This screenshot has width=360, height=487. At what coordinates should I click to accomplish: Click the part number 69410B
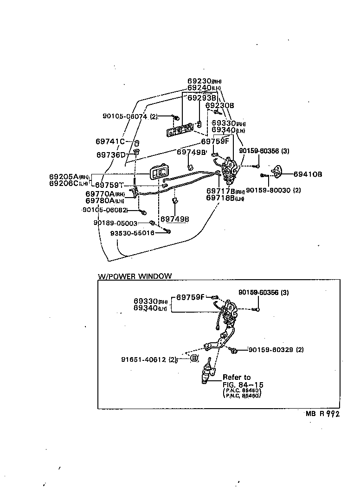coord(308,174)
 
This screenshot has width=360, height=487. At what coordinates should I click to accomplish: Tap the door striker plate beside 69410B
coord(277,173)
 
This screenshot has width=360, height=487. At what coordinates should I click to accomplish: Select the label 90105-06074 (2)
coord(130,117)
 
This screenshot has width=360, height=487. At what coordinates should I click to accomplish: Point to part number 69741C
coord(110,141)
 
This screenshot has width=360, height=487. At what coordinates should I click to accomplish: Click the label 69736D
coord(111,154)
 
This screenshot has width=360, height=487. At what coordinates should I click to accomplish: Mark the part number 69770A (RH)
coord(105,194)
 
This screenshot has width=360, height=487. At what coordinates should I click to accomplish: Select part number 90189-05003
coord(116,223)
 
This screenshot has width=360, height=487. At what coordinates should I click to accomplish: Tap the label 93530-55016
coord(132,233)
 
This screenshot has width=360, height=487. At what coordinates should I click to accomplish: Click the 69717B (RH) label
coord(225,191)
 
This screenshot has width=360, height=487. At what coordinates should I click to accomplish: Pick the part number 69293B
coord(202,98)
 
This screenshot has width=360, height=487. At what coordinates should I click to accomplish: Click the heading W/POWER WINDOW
coord(135,276)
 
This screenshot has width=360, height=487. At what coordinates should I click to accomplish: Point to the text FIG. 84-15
coord(240,384)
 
